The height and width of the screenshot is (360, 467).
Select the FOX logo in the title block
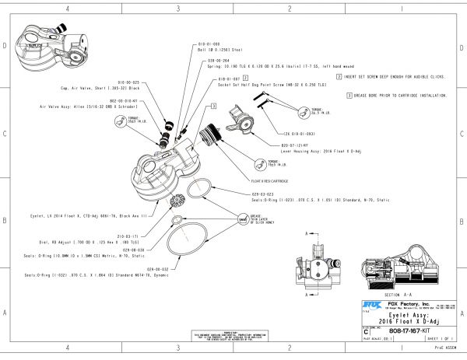(x=370, y=304)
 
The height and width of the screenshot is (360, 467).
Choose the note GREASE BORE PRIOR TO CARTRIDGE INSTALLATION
(x=396, y=96)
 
